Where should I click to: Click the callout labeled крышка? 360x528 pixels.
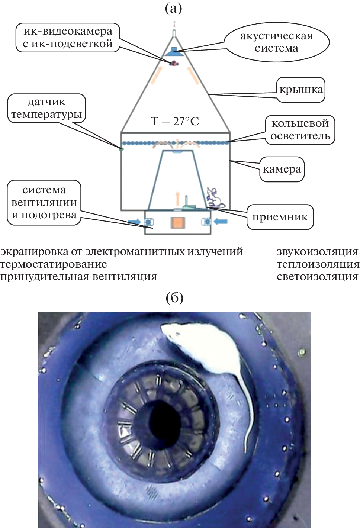[x=301, y=90]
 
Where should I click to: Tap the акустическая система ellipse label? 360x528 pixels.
[x=276, y=42]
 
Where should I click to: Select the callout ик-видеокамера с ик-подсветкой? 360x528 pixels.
[x=68, y=37]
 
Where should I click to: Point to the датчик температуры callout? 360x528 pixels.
[x=46, y=108]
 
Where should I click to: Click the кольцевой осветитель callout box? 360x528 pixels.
[x=300, y=129]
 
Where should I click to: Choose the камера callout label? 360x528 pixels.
[x=282, y=169]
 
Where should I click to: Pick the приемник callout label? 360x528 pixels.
[x=280, y=217]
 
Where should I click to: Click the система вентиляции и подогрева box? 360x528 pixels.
[x=44, y=202]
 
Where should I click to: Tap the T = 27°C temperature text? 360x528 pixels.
[x=175, y=121]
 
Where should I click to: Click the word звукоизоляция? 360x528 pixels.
[x=317, y=252]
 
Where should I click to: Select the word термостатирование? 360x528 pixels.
[x=54, y=264]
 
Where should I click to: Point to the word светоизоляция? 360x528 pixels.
[x=317, y=277]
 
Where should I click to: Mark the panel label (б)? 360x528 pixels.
[x=175, y=297]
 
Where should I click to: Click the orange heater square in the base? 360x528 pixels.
[x=177, y=222]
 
